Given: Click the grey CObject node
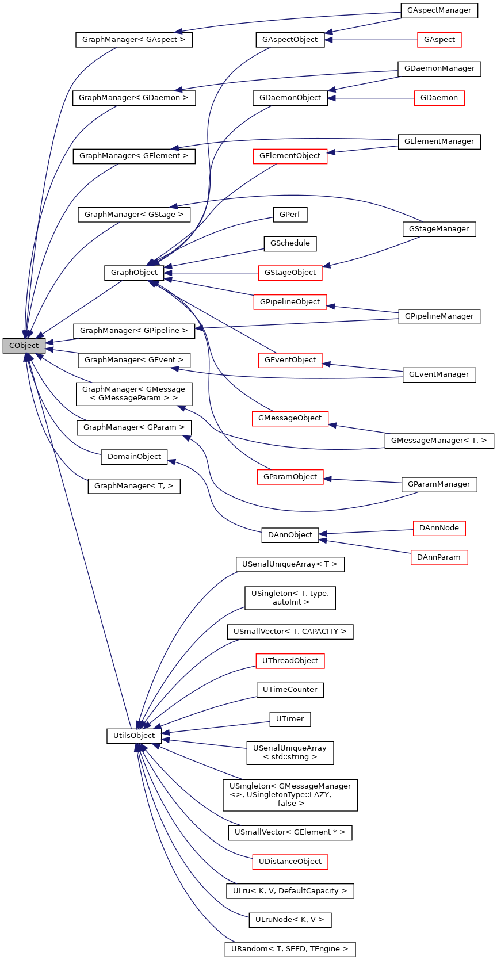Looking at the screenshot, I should [24, 346].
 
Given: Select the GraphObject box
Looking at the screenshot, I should [134, 273].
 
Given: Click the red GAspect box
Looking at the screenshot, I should [439, 40].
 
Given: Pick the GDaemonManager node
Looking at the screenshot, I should [439, 68].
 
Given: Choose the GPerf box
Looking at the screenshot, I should [290, 215].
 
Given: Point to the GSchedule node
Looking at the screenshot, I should [290, 243].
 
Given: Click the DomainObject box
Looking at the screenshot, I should [134, 457].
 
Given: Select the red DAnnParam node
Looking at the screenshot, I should [439, 557].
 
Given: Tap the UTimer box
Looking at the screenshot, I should [290, 719].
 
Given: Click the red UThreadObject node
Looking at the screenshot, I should [290, 661].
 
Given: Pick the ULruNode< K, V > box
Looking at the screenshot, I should [290, 920].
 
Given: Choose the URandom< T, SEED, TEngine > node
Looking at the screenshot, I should [290, 949].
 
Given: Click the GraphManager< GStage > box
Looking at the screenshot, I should [134, 215].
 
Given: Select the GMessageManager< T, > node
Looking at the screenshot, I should [439, 441].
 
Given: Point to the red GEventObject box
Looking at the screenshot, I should [290, 360].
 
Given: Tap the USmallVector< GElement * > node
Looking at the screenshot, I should [290, 832].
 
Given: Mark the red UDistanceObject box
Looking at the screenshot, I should [290, 862].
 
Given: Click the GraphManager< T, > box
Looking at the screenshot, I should [134, 486].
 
